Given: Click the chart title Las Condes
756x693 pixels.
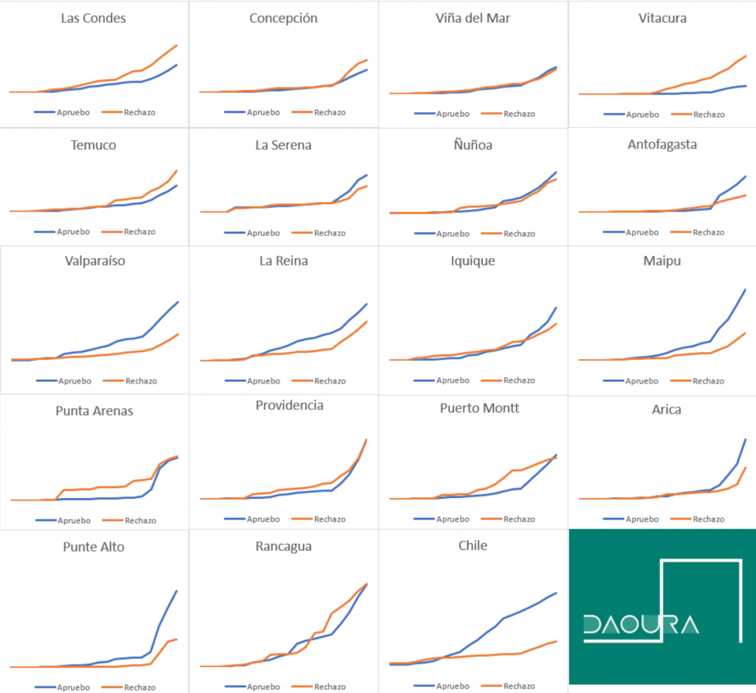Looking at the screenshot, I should (93, 18).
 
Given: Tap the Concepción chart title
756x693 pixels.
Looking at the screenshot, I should (283, 18).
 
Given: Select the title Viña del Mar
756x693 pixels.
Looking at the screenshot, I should (472, 18).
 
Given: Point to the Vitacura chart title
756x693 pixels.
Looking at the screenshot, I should (662, 18).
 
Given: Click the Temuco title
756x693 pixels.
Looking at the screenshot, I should (93, 145).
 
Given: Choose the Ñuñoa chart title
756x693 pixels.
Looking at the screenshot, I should (472, 145).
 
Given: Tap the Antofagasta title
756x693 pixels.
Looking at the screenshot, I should (662, 145).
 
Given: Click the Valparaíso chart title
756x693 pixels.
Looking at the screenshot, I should (94, 261).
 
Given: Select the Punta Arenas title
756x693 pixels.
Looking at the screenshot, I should (94, 411).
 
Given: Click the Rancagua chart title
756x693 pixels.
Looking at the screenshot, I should (283, 547).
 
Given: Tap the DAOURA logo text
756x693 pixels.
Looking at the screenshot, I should (640, 625).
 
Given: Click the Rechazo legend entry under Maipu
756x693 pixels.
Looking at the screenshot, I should (708, 381).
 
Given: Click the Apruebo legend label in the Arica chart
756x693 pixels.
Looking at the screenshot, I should (642, 519).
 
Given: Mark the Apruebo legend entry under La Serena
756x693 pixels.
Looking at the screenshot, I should (264, 233).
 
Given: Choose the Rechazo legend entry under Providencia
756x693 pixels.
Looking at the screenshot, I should (329, 519).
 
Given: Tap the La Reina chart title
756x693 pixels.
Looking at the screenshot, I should (283, 261).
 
